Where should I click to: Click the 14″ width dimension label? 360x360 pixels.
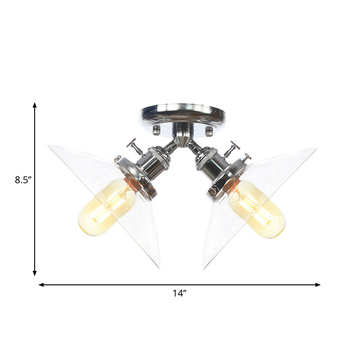pyautogui.click(x=179, y=293)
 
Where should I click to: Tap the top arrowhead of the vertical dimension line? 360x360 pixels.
pyautogui.click(x=35, y=105)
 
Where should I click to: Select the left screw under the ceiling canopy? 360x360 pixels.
pyautogui.click(x=157, y=130)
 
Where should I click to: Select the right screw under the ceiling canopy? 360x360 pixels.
pyautogui.click(x=209, y=131)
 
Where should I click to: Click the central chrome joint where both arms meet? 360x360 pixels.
pyautogui.click(x=182, y=139)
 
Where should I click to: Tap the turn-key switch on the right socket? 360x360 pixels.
pyautogui.click(x=232, y=148)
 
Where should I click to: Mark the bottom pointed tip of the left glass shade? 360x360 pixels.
pyautogui.click(x=158, y=267)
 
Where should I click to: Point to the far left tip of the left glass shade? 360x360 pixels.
pyautogui.click(x=49, y=145)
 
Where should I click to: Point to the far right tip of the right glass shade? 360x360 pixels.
pyautogui.click(x=315, y=149)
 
